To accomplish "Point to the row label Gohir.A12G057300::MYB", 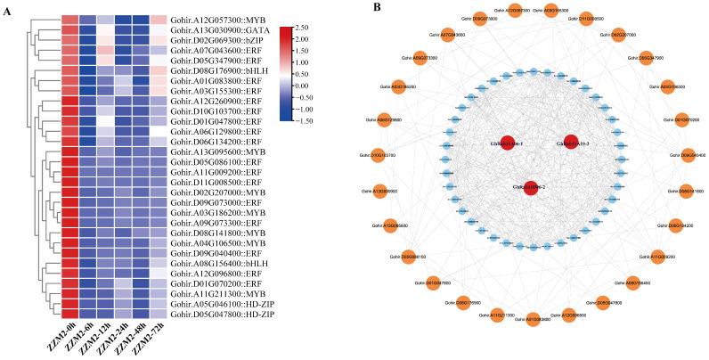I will pyautogui.click(x=217, y=19).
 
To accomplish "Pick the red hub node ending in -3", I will pyautogui.click(x=572, y=143).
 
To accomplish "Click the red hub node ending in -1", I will pyautogui.click(x=508, y=143).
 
